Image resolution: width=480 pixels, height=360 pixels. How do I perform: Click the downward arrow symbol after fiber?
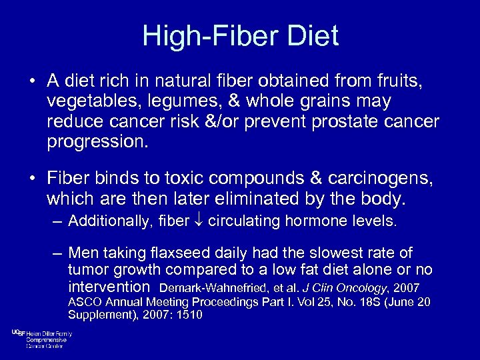coord(199,221)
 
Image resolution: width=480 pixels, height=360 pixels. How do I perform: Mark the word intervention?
coord(109,287)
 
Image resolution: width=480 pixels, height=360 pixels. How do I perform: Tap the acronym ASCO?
coord(83,302)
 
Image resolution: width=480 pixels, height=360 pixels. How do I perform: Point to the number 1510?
coord(189,315)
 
